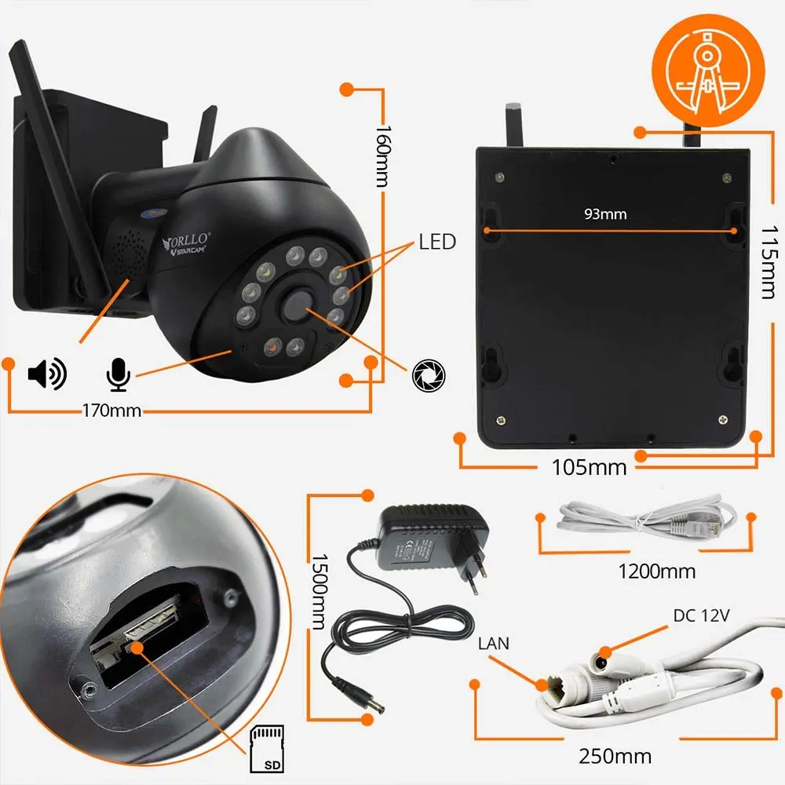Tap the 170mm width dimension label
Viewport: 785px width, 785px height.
click(111, 409)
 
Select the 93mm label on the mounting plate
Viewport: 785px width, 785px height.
click(606, 213)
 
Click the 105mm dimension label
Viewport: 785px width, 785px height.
click(589, 467)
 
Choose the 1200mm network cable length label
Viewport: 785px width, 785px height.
click(656, 571)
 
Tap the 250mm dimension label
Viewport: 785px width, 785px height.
click(615, 757)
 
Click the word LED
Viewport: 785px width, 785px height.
click(437, 242)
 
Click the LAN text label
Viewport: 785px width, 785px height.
click(494, 644)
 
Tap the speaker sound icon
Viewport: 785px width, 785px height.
click(47, 374)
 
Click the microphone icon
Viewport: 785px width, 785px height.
click(118, 374)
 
